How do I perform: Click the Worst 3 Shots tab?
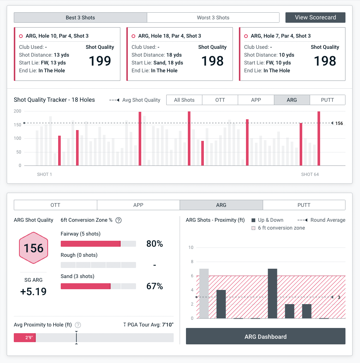pyautogui.click(x=213, y=18)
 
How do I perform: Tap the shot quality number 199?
pyautogui.click(x=100, y=61)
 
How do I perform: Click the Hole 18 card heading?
pyautogui.click(x=170, y=36)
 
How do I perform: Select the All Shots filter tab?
pyautogui.click(x=184, y=100)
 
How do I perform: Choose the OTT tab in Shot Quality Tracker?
pyautogui.click(x=220, y=100)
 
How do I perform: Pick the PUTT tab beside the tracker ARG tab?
pyautogui.click(x=327, y=100)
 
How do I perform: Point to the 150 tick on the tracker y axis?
pyautogui.click(x=18, y=125)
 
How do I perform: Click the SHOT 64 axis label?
pyautogui.click(x=310, y=174)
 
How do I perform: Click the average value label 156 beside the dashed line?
pyautogui.click(x=339, y=123)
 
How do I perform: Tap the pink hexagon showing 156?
pyautogui.click(x=34, y=248)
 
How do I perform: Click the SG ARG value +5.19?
pyautogui.click(x=34, y=291)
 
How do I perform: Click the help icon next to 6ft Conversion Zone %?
pyautogui.click(x=119, y=220)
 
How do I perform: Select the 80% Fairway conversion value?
pyautogui.click(x=154, y=244)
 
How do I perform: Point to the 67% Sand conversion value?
pyautogui.click(x=154, y=286)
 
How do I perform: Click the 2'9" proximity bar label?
pyautogui.click(x=29, y=338)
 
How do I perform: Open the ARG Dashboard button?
pyautogui.click(x=265, y=337)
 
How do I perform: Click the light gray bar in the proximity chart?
pyautogui.click(x=204, y=293)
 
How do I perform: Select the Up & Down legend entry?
pyautogui.click(x=268, y=220)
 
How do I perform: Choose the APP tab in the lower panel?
pyautogui.click(x=138, y=205)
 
